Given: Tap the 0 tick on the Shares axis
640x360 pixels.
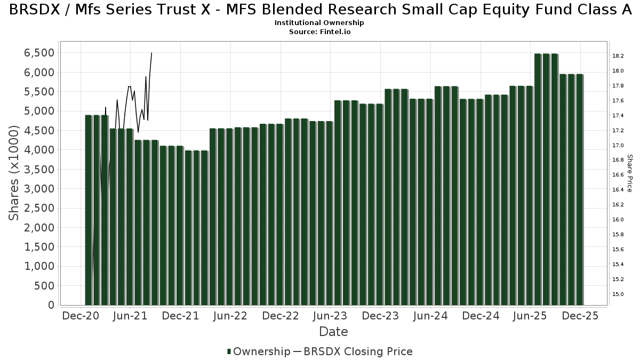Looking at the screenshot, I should click(x=51, y=305).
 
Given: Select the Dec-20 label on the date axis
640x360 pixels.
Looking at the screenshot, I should click(x=81, y=316).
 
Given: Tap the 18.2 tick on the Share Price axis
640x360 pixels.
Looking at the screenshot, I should click(x=618, y=56).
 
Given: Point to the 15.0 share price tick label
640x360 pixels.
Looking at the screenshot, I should click(x=618, y=294).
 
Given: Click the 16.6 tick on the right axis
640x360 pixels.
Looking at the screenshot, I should click(x=618, y=175).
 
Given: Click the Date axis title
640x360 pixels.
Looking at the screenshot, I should click(x=333, y=332).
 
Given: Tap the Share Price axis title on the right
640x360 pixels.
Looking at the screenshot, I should click(x=629, y=173).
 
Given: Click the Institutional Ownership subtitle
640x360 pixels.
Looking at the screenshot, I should click(x=319, y=23).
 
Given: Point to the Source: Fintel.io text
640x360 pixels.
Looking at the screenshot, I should click(x=319, y=32).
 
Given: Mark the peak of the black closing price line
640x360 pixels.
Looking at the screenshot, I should click(x=151, y=53).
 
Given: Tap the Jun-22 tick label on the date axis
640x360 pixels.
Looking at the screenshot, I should click(x=230, y=316).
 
